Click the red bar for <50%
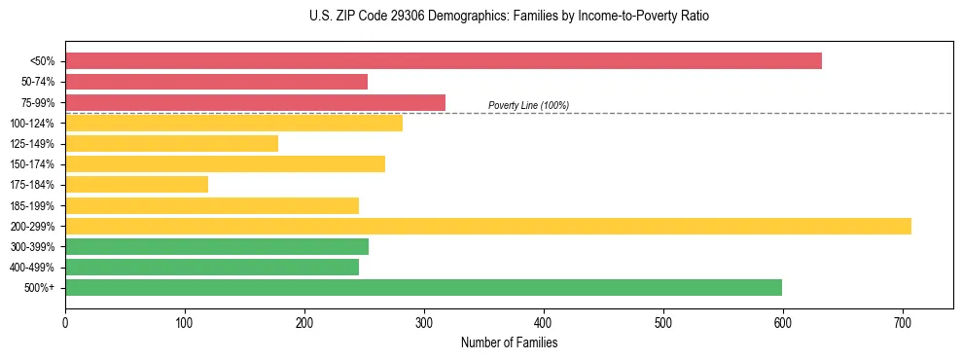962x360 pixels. click(444, 61)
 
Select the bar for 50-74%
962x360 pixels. click(216, 82)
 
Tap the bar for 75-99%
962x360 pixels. click(255, 102)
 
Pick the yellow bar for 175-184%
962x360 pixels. click(136, 185)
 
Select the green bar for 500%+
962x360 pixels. click(423, 287)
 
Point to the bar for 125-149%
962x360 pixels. click(171, 144)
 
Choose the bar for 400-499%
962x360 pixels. click(212, 268)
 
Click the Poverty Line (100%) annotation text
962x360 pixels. click(528, 105)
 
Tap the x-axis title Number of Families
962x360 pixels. click(510, 343)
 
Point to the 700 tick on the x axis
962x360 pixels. click(903, 322)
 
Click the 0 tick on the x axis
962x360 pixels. click(65, 322)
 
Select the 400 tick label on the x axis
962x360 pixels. click(544, 322)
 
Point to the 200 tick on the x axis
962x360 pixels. click(304, 322)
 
